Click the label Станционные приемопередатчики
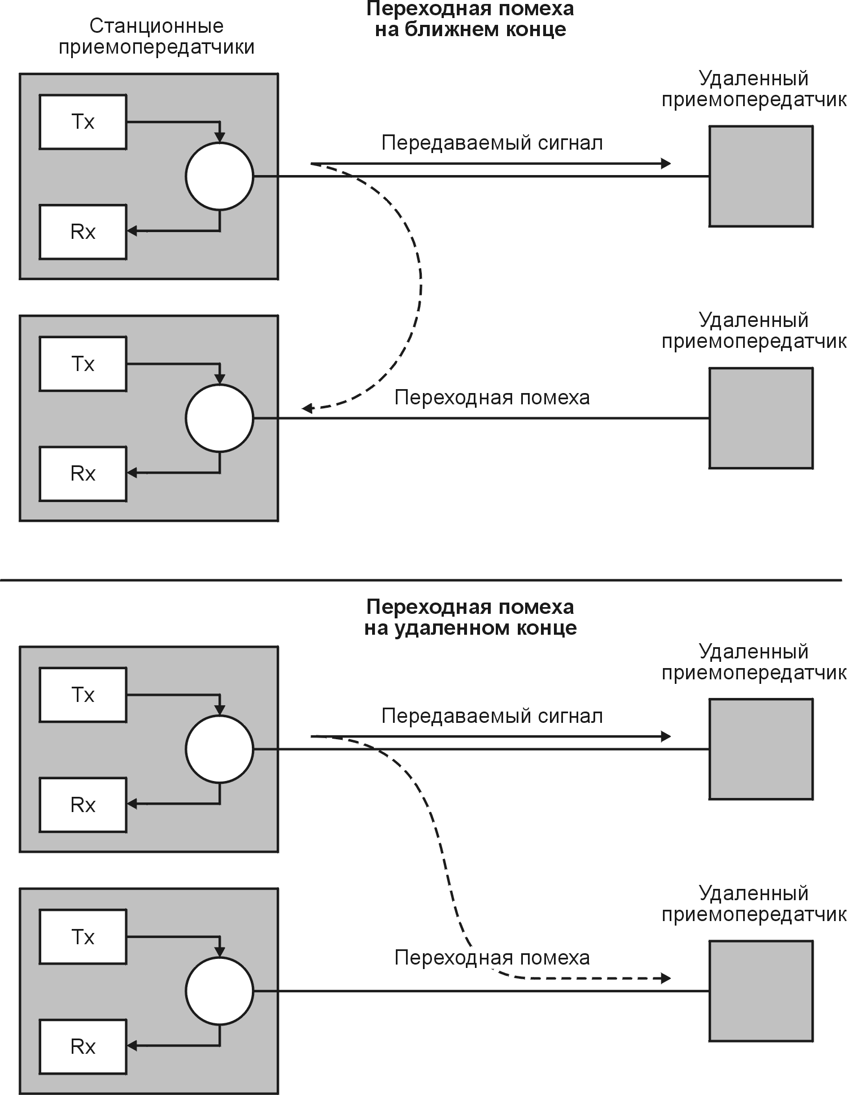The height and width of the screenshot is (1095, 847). (156, 37)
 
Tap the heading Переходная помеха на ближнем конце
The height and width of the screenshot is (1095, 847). (470, 19)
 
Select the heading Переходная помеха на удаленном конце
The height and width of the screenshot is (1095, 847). (470, 617)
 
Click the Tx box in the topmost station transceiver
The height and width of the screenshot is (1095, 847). (83, 122)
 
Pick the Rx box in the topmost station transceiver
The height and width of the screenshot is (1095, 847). (83, 232)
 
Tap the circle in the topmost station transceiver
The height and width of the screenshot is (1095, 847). (220, 176)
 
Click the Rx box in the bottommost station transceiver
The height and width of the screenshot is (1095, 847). (83, 1046)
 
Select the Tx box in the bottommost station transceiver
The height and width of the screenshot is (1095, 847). (83, 937)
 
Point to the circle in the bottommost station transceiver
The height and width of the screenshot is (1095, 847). (220, 991)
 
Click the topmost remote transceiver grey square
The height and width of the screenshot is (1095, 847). (761, 176)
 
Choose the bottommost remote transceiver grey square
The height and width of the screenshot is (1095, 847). (761, 991)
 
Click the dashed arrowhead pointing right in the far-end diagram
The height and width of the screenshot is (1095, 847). (666, 979)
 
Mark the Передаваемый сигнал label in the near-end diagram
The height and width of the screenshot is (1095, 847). (492, 143)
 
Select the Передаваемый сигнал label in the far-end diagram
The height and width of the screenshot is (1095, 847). (492, 716)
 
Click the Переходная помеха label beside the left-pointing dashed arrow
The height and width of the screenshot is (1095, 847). (492, 398)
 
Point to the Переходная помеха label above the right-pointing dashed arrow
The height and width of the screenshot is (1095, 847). (492, 958)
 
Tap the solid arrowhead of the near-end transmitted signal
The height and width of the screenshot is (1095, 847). (666, 164)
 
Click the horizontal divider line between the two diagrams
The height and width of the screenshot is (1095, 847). (421, 580)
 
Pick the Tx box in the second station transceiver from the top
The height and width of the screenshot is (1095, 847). (83, 364)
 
